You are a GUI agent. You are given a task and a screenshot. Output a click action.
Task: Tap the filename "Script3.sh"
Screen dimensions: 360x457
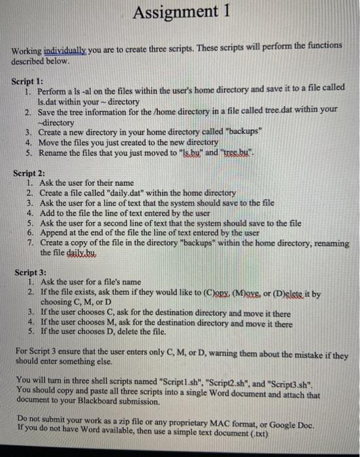tap(316, 380)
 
